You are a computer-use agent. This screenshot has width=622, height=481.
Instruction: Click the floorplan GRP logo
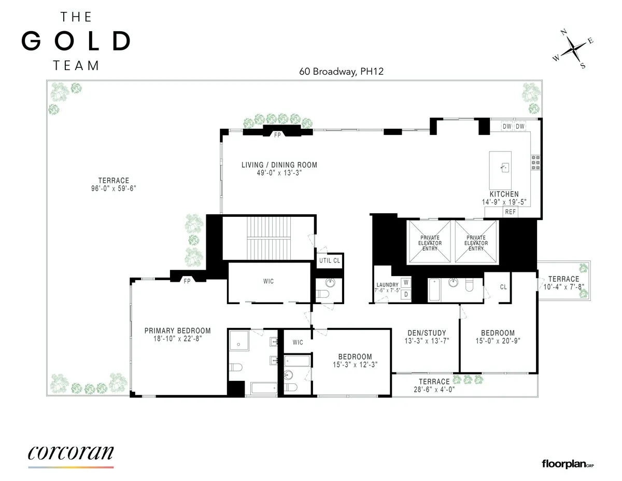click(x=568, y=463)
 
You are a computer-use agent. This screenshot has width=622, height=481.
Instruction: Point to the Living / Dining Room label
click(x=279, y=165)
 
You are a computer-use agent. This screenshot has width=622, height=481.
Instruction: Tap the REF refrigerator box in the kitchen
click(x=511, y=212)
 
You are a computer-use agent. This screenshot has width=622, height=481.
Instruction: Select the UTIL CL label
click(x=330, y=260)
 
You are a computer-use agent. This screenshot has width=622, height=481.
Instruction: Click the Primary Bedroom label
click(x=177, y=331)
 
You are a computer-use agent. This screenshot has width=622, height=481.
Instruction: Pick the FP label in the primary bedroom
click(x=187, y=281)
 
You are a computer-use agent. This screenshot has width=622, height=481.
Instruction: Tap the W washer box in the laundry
click(x=406, y=283)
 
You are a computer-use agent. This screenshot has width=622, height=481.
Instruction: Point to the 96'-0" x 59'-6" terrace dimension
click(x=114, y=189)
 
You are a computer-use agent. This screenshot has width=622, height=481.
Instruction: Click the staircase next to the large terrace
click(x=268, y=237)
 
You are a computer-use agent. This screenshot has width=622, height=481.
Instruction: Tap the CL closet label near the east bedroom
click(x=503, y=286)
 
